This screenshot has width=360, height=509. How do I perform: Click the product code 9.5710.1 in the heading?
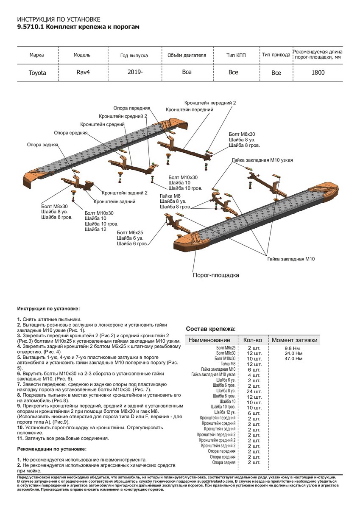(30, 27)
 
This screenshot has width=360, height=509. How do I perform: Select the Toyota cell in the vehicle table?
(37, 73)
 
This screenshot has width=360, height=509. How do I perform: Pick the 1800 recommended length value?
(318, 73)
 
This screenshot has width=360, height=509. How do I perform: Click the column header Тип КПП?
(236, 55)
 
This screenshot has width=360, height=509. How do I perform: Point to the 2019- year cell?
(135, 72)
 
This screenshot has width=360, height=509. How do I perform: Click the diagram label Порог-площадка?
(216, 275)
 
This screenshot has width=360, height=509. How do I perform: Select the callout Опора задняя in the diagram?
(42, 145)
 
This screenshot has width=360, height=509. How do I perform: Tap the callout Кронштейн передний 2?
(210, 103)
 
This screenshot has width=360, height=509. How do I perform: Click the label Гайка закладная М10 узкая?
(262, 160)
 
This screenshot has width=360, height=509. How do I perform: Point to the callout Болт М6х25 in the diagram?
(130, 232)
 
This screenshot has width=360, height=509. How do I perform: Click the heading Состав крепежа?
(211, 329)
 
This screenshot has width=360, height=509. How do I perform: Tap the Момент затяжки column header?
(294, 340)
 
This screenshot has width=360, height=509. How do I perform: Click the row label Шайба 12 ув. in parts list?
(225, 412)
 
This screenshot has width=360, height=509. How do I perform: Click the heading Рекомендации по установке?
(52, 448)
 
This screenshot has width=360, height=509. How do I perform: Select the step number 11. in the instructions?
(20, 438)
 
